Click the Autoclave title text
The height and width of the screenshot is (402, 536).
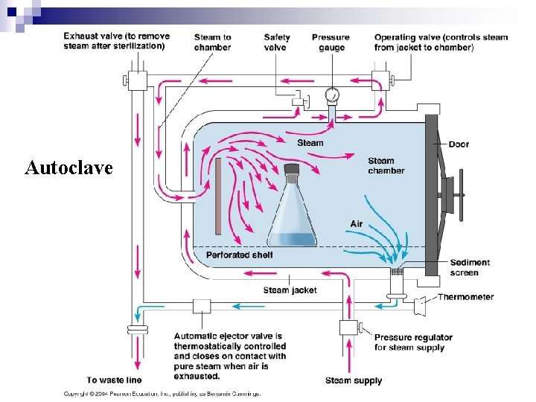(x=68, y=167)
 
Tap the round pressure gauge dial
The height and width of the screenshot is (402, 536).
(x=332, y=95)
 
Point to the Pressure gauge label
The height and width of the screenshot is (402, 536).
(x=331, y=42)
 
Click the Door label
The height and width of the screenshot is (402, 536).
(x=459, y=144)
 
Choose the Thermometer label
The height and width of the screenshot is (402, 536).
(x=465, y=297)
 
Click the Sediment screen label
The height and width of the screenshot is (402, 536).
(x=470, y=267)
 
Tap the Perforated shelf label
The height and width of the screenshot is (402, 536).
(x=239, y=255)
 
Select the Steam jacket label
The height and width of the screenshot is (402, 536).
(x=290, y=290)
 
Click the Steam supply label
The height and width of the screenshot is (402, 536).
(x=354, y=380)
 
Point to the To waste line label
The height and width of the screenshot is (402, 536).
(x=112, y=380)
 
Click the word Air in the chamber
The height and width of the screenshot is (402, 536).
(x=357, y=224)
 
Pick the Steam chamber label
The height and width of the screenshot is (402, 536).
(x=386, y=165)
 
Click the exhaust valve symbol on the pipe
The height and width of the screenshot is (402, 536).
(x=137, y=78)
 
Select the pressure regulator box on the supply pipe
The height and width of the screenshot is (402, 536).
(x=348, y=328)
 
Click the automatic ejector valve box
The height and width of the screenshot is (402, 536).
(x=202, y=305)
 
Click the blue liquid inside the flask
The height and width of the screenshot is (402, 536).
(x=291, y=240)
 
